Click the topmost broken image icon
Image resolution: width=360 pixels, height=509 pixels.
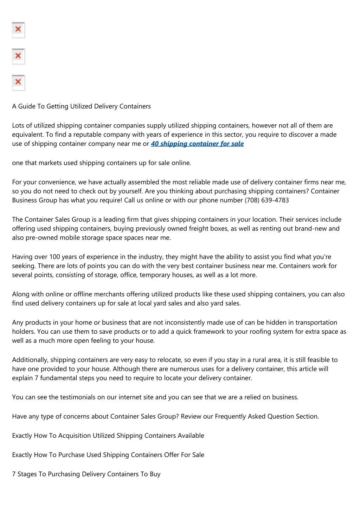pyautogui.click(x=18, y=30)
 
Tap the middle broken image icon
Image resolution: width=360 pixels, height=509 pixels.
pyautogui.click(x=18, y=56)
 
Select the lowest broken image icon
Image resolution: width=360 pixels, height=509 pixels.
pyautogui.click(x=18, y=83)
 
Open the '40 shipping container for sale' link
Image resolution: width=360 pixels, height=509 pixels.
pyautogui.click(x=197, y=144)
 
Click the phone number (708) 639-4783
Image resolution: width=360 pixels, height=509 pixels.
pyautogui.click(x=266, y=200)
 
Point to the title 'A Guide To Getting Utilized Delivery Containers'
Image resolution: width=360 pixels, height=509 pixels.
pyautogui.click(x=81, y=106)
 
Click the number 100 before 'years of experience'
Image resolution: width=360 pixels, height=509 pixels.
pyautogui.click(x=54, y=257)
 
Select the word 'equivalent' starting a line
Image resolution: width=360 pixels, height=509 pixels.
pyautogui.click(x=28, y=135)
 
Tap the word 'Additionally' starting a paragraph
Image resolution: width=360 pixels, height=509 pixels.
pyautogui.click(x=30, y=360)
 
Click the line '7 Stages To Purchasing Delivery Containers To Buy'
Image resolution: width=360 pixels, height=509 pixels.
pyautogui.click(x=86, y=474)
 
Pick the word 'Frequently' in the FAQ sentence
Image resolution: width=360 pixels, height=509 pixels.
pyautogui.click(x=231, y=417)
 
